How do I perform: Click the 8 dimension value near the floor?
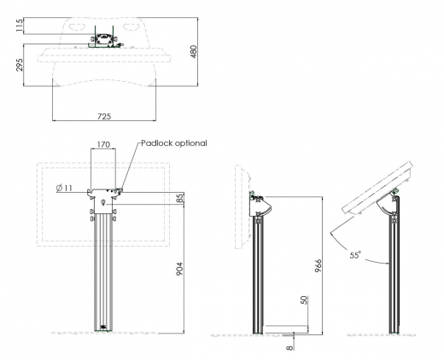point(290,346)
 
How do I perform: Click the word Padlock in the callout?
point(157,143)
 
